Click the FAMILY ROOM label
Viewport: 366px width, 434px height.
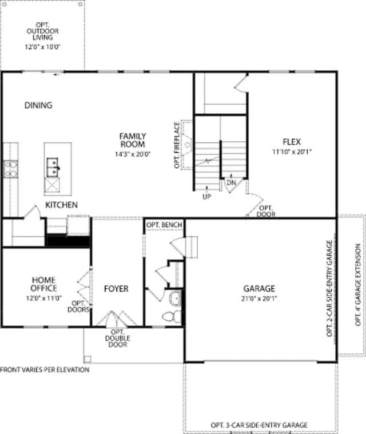[x=133, y=140]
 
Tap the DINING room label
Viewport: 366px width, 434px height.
[x=38, y=105]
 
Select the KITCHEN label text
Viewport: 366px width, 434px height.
[x=61, y=205]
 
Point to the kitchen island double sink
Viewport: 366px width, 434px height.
[x=53, y=167]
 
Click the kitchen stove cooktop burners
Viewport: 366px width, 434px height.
[x=11, y=169]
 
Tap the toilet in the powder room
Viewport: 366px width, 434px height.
[x=172, y=316]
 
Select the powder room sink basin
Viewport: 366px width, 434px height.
[x=175, y=298]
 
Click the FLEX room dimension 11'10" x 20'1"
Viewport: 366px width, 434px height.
[x=292, y=152]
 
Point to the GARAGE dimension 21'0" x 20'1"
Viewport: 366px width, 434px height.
[x=259, y=298]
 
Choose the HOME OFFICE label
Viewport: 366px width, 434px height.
[x=44, y=284]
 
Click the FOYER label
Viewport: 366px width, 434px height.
[x=116, y=289]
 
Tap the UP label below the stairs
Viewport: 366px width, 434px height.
[x=207, y=197]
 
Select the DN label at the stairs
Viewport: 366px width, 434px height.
[x=231, y=182]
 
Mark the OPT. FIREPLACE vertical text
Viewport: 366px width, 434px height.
[x=177, y=145]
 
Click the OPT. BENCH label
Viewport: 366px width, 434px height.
[x=165, y=225]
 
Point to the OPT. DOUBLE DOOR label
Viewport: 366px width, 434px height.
[x=118, y=339]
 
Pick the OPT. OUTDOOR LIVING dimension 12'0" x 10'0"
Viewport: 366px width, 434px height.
[x=43, y=47]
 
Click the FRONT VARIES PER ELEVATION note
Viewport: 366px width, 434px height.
[x=45, y=370]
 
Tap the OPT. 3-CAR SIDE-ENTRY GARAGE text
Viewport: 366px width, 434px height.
[x=259, y=425]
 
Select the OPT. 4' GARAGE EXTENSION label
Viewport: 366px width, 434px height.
[x=358, y=285]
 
